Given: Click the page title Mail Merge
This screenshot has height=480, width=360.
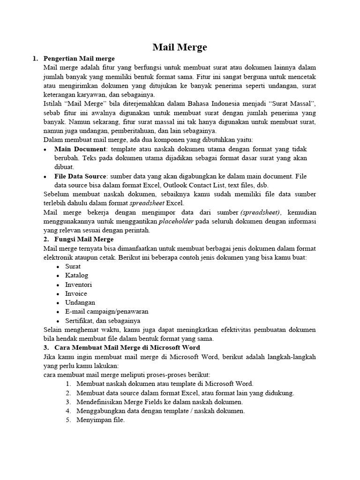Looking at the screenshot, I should click(180, 47).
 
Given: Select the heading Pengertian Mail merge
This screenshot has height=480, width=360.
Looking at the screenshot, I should click(79, 59).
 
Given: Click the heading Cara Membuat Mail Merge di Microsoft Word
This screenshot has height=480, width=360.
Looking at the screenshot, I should click(127, 347).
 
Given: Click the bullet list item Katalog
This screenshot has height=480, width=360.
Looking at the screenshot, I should click(76, 276).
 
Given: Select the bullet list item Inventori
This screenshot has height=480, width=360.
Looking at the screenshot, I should click(78, 285).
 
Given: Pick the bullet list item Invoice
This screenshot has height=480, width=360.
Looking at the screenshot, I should click(76, 293).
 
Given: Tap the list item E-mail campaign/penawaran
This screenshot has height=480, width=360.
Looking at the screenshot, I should click(106, 311).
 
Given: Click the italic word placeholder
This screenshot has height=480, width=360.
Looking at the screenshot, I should click(176, 221).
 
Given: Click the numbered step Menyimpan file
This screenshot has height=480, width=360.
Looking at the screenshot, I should click(100, 420).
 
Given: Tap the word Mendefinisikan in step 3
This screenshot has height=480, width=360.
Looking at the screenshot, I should click(99, 402).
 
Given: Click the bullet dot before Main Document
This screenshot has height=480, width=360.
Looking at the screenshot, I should click(45, 150).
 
